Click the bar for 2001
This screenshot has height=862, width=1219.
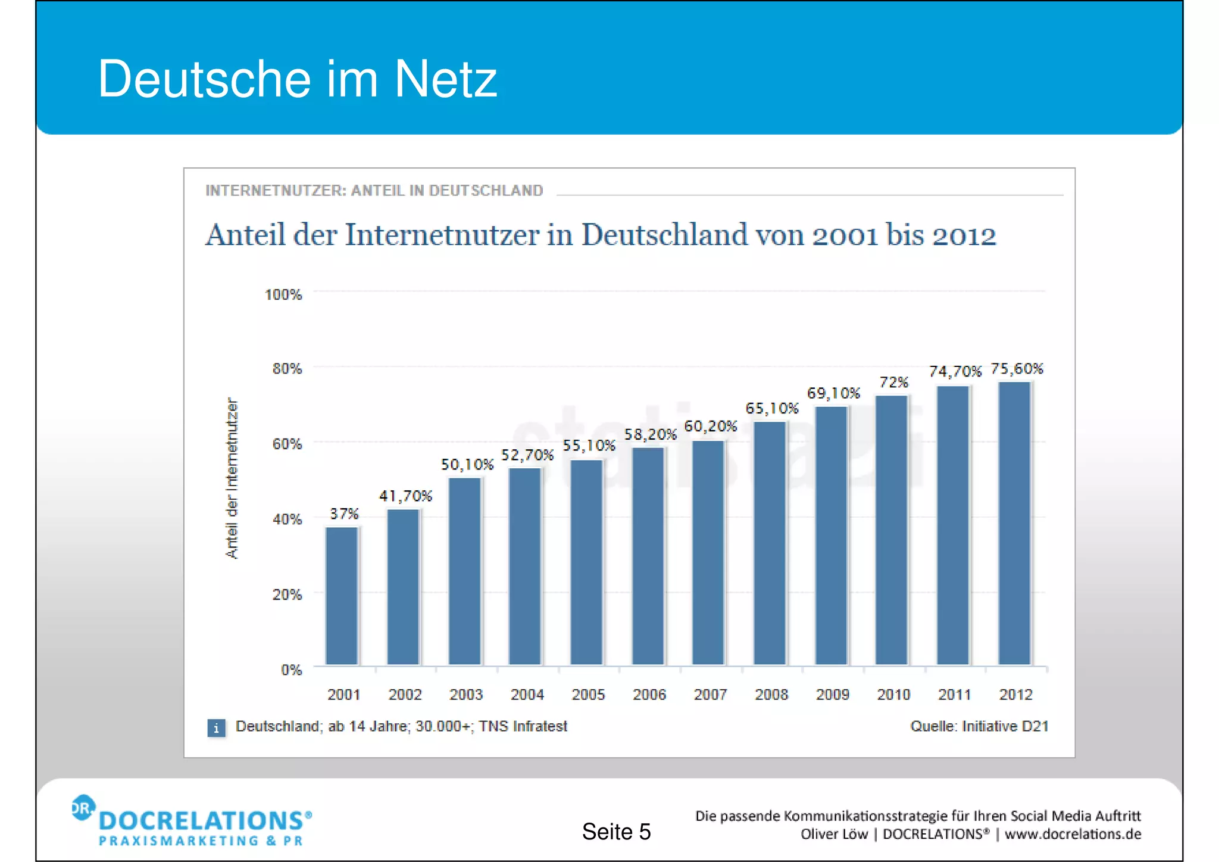(342, 596)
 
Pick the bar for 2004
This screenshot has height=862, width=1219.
(525, 566)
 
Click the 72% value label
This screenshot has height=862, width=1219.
(893, 382)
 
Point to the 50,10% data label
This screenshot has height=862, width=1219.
(467, 465)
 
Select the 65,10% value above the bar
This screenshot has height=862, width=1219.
(771, 409)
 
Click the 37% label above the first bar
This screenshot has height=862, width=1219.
(344, 514)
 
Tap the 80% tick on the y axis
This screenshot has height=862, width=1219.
(287, 369)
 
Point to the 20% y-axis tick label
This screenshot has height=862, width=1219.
(287, 595)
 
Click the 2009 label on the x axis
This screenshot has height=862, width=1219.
(832, 695)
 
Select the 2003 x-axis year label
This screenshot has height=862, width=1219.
(466, 695)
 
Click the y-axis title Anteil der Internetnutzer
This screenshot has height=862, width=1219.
(232, 478)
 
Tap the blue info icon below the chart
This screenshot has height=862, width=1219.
(216, 727)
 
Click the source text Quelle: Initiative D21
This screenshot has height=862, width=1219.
(979, 726)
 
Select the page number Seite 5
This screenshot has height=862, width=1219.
(616, 832)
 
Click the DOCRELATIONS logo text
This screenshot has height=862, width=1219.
(202, 821)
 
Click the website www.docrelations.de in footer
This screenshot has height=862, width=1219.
(1073, 834)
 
